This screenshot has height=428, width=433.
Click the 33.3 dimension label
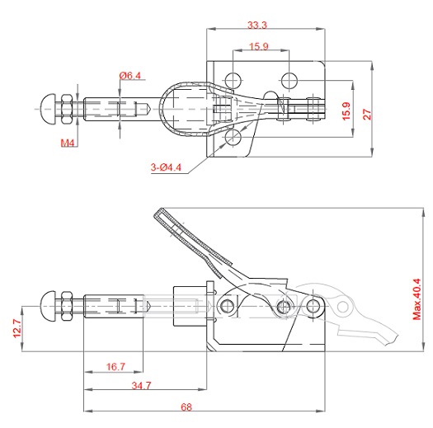(x=257, y=25)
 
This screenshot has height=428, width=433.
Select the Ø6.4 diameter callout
(x=130, y=75)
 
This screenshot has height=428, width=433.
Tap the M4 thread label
(x=68, y=143)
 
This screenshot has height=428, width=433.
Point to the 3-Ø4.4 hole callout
(x=166, y=167)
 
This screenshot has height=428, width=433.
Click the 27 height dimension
(x=367, y=114)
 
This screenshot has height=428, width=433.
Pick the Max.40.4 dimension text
(x=417, y=299)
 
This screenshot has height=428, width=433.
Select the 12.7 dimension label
(x=17, y=328)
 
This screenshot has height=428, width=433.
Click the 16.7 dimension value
(x=115, y=367)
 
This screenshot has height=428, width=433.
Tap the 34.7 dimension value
(x=141, y=385)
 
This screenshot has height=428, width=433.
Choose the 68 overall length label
(x=186, y=407)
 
